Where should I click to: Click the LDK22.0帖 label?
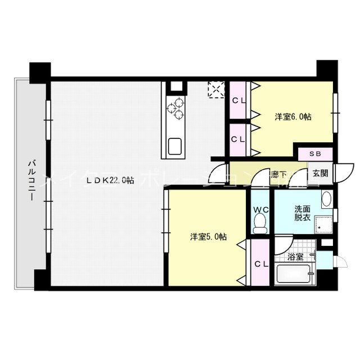[110, 181]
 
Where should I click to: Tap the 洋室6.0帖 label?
[293, 117]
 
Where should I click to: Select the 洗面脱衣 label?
[302, 214]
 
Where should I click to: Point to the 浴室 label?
[295, 257]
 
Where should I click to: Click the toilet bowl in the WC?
[259, 226]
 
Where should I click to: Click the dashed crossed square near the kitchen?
[215, 89]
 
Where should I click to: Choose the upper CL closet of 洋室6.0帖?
[238, 101]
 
